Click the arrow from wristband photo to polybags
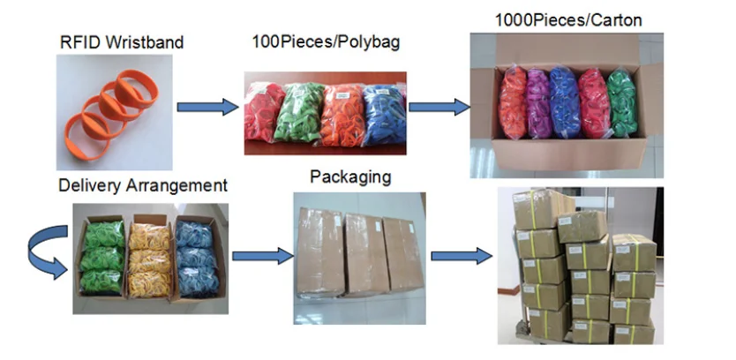[x=207, y=108]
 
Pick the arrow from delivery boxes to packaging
[x=262, y=256]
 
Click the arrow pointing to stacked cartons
[x=461, y=256]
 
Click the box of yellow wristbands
[x=149, y=255]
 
